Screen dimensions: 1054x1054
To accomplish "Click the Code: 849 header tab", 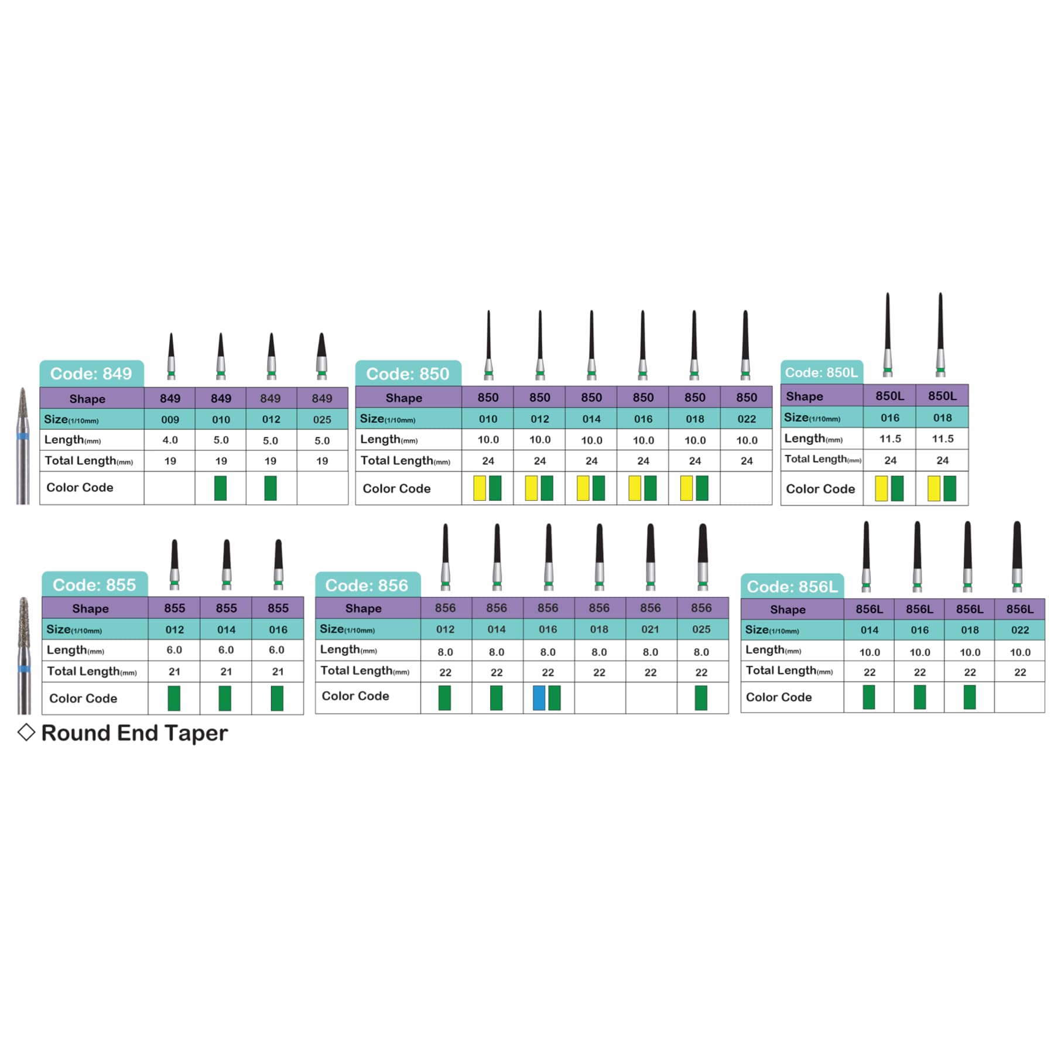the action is pyautogui.click(x=91, y=374).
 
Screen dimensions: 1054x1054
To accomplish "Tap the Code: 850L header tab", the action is pyautogui.click(x=822, y=372).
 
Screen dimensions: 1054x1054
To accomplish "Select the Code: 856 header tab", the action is pyautogui.click(x=367, y=585).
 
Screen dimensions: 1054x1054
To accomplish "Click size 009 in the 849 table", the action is pyautogui.click(x=170, y=419).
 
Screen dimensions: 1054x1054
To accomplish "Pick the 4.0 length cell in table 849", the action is pyautogui.click(x=170, y=440).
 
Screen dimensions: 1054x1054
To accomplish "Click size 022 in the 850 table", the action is pyautogui.click(x=747, y=419).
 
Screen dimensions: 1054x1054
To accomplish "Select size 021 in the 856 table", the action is pyautogui.click(x=650, y=629).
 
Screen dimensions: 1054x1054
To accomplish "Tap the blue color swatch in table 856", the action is pyautogui.click(x=539, y=698).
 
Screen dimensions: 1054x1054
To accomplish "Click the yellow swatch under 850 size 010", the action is pyautogui.click(x=479, y=488).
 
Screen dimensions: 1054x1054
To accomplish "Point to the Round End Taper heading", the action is pyautogui.click(x=135, y=733).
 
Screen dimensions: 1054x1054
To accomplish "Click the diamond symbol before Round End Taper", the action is pyautogui.click(x=26, y=732).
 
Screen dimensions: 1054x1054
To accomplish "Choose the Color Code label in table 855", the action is pyautogui.click(x=83, y=698).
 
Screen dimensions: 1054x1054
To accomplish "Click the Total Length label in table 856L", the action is pyautogui.click(x=789, y=670).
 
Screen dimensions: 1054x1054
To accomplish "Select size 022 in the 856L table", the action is pyautogui.click(x=1020, y=630).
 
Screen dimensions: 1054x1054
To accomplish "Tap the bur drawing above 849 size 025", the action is pyautogui.click(x=321, y=356).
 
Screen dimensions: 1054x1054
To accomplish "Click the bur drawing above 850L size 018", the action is pyautogui.click(x=940, y=334).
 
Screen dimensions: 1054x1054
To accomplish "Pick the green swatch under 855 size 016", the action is pyautogui.click(x=277, y=698).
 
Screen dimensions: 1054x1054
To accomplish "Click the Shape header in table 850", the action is pyautogui.click(x=403, y=398).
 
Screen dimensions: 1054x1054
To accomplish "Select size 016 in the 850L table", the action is pyautogui.click(x=889, y=418).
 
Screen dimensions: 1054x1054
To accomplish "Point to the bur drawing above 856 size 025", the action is pyautogui.click(x=703, y=557).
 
